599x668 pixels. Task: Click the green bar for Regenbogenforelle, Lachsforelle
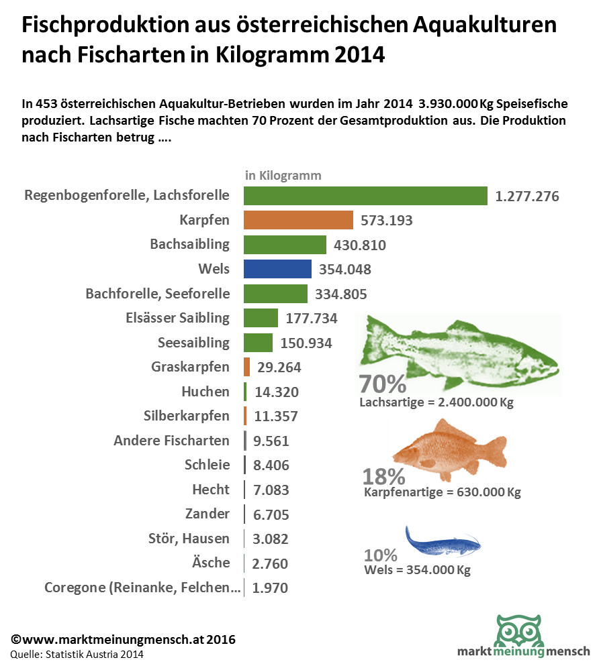click(365, 196)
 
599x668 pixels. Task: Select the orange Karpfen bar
click(298, 220)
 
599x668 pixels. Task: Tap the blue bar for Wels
click(277, 269)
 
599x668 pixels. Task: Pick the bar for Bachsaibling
click(285, 245)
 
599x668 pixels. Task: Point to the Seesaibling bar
click(258, 343)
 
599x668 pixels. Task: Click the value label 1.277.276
click(527, 197)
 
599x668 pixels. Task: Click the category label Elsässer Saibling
click(177, 318)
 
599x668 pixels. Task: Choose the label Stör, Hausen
click(189, 538)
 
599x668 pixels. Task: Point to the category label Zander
click(207, 514)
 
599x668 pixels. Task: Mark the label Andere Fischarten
click(171, 441)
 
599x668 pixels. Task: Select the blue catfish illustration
click(443, 539)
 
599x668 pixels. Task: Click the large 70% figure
click(383, 384)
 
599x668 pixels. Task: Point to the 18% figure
click(383, 476)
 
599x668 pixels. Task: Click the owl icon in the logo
click(520, 630)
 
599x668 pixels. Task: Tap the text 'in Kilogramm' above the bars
click(283, 176)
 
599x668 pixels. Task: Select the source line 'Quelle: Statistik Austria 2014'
click(77, 654)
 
